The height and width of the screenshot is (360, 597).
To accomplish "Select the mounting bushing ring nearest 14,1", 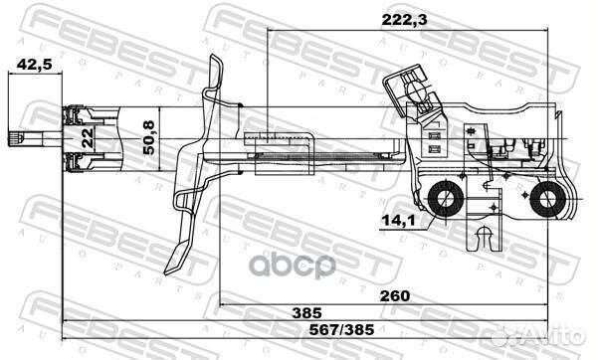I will point(445,203).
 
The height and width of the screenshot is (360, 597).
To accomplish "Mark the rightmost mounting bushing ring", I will point(546,203).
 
